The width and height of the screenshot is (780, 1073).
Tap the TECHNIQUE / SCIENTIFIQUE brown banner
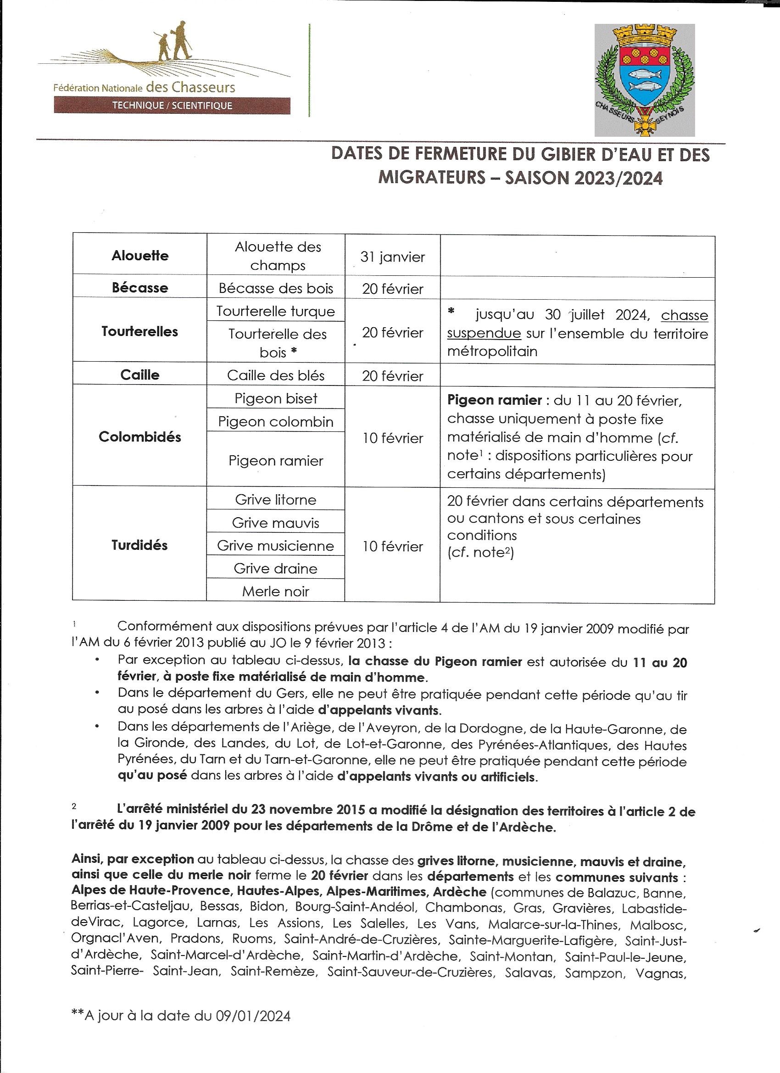(172, 105)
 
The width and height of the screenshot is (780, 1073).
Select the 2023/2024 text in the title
(618, 178)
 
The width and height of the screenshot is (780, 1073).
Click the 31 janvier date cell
(392, 257)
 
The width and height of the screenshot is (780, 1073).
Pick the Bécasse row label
(139, 288)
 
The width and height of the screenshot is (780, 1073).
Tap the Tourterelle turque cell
(275, 311)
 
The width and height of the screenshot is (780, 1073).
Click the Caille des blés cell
(275, 376)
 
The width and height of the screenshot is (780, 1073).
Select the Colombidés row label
(139, 436)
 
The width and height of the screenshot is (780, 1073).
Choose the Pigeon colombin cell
(275, 421)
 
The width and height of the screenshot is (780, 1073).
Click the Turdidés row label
(139, 545)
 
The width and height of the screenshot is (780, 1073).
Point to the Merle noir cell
(275, 592)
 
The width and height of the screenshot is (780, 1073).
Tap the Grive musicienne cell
(275, 546)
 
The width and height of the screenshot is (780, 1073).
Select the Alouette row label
(139, 256)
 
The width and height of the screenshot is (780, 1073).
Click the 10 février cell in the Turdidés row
(392, 547)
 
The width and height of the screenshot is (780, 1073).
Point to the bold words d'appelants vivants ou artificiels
(437, 777)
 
